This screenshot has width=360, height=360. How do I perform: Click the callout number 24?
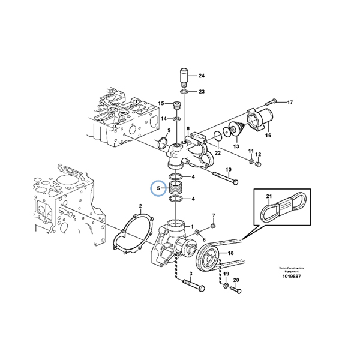pyautogui.click(x=202, y=76)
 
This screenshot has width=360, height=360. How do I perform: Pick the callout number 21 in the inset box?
pyautogui.click(x=269, y=198)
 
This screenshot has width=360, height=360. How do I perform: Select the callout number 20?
pyautogui.click(x=236, y=280)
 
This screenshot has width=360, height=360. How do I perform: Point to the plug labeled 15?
pyautogui.click(x=178, y=107)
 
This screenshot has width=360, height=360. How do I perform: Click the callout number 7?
pyautogui.click(x=213, y=215)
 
